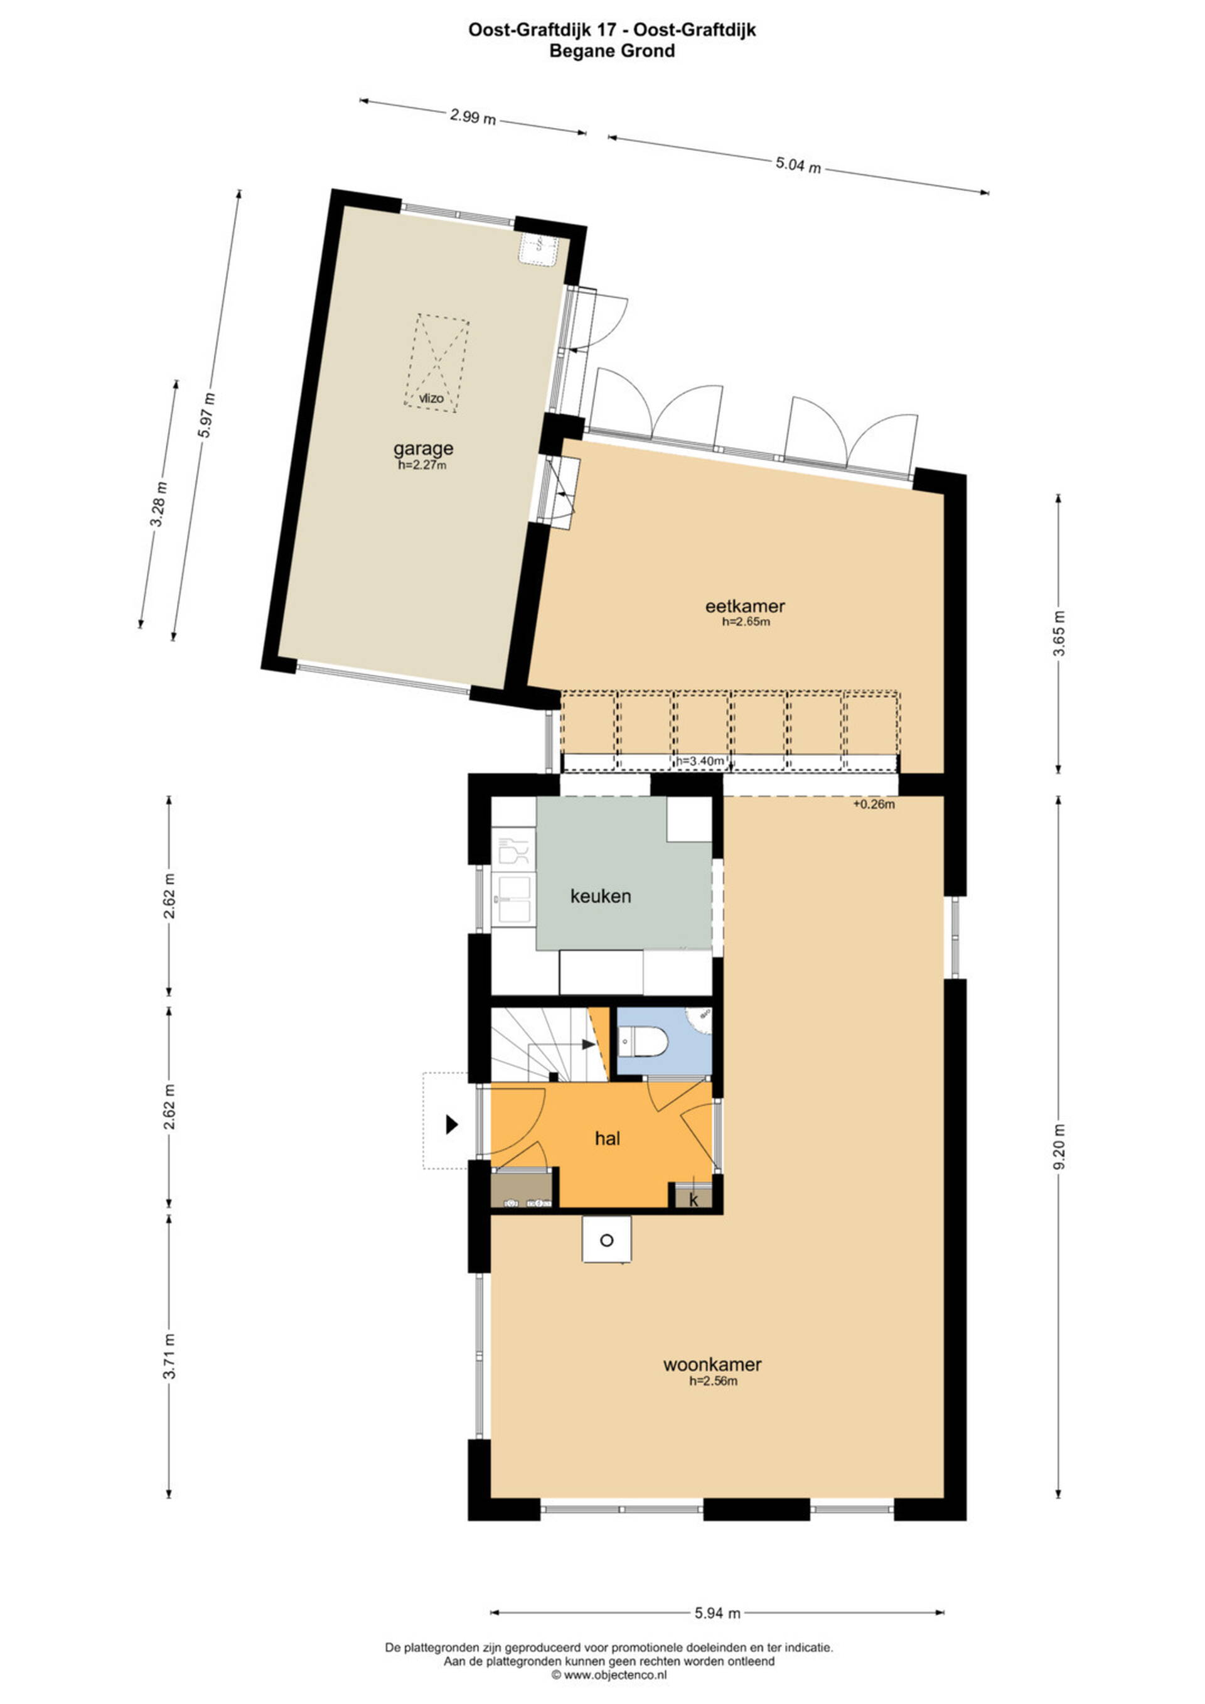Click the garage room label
pyautogui.click(x=423, y=448)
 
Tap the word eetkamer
pyautogui.click(x=745, y=606)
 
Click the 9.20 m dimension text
pyautogui.click(x=1061, y=1146)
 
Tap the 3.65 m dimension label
pyautogui.click(x=1061, y=633)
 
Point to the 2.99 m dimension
pyautogui.click(x=473, y=117)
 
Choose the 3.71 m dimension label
pyautogui.click(x=170, y=1356)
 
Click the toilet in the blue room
pyautogui.click(x=643, y=1040)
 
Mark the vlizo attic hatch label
pyautogui.click(x=431, y=399)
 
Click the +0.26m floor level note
pyautogui.click(x=874, y=804)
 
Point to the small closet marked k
pyautogui.click(x=693, y=1199)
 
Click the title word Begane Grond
pyautogui.click(x=612, y=51)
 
